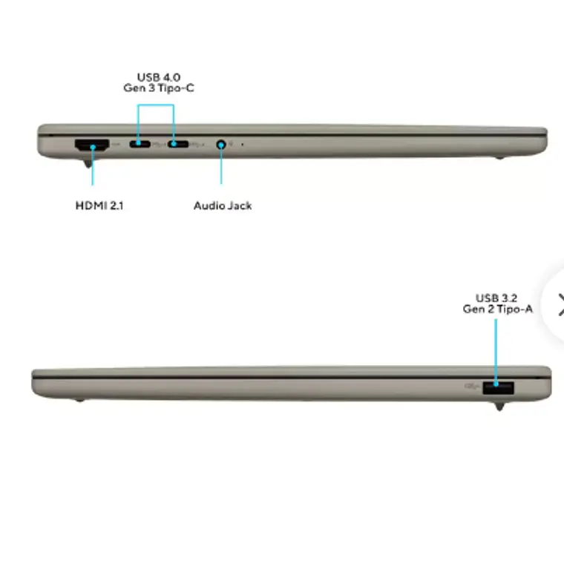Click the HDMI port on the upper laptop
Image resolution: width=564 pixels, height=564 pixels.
92,145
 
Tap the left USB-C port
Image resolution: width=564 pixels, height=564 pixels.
140,144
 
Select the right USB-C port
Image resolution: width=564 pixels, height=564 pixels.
177,144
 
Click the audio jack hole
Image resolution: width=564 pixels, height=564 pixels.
221,145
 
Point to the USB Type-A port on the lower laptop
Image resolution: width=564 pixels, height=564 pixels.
498,387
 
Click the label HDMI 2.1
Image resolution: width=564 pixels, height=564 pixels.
99,206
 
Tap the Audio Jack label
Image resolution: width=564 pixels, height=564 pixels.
223,206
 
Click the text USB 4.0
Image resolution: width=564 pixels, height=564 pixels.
159,77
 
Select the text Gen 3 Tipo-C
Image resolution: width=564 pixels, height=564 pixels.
159,88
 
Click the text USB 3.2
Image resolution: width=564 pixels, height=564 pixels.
496,298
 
